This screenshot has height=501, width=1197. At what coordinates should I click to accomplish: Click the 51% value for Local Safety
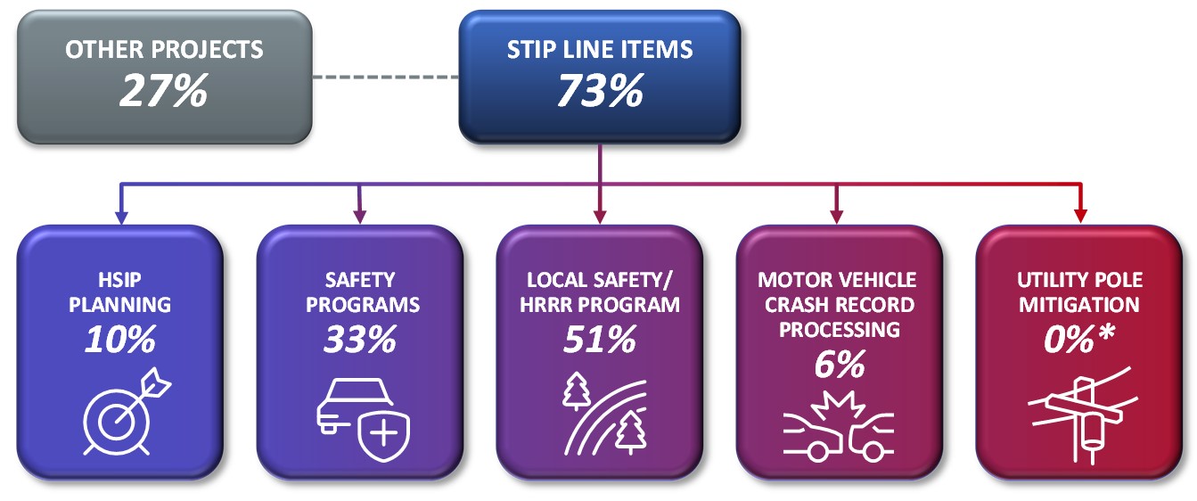pyautogui.click(x=599, y=339)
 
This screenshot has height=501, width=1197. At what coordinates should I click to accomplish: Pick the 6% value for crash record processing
pyautogui.click(x=839, y=364)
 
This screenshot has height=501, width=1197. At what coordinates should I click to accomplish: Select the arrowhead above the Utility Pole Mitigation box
pyautogui.click(x=1080, y=216)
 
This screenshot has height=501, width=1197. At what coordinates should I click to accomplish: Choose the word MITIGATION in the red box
pyautogui.click(x=1078, y=304)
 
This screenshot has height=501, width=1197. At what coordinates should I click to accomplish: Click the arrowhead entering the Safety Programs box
pyautogui.click(x=359, y=216)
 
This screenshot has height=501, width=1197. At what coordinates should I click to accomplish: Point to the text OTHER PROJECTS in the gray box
pyautogui.click(x=165, y=49)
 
